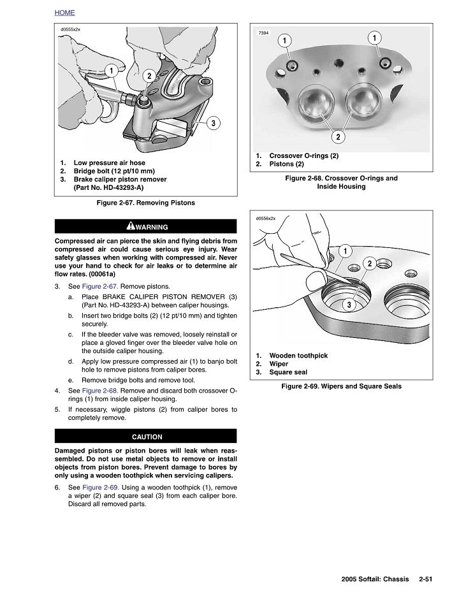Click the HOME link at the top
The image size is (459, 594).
[x=65, y=13]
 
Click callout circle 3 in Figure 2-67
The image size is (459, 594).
[x=214, y=122]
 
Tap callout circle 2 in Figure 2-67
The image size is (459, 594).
[x=149, y=76]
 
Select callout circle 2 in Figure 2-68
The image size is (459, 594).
[x=338, y=137]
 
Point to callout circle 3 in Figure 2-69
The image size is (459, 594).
[x=349, y=305]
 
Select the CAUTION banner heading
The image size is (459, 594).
[x=147, y=437]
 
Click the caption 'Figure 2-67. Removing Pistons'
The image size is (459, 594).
[x=145, y=203]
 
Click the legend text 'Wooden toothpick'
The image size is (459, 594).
[x=300, y=356]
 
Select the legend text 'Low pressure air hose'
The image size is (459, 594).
[x=112, y=163]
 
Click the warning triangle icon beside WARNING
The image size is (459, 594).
[x=130, y=226]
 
